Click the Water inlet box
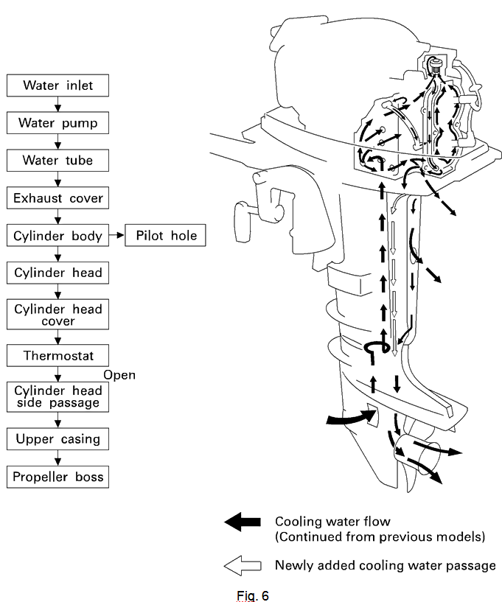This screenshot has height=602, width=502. [x=57, y=85]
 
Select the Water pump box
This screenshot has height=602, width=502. [x=57, y=122]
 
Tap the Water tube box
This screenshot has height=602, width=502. [x=57, y=160]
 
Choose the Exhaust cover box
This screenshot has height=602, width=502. [x=57, y=197]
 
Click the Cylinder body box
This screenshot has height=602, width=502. [x=57, y=236]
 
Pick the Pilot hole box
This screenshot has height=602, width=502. [x=165, y=236]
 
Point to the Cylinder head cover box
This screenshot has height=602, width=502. [x=57, y=315]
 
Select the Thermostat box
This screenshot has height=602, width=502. [x=57, y=355]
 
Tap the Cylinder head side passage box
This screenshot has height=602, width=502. [x=57, y=397]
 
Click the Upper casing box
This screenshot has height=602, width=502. [x=57, y=439]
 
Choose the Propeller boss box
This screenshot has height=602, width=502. [x=57, y=476]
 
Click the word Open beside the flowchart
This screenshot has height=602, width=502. [x=119, y=375]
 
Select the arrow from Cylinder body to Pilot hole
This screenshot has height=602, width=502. [x=117, y=236]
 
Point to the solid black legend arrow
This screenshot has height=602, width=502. [x=243, y=522]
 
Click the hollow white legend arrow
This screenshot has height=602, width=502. [x=243, y=565]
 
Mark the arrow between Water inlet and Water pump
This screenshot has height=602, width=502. [x=57, y=104]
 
